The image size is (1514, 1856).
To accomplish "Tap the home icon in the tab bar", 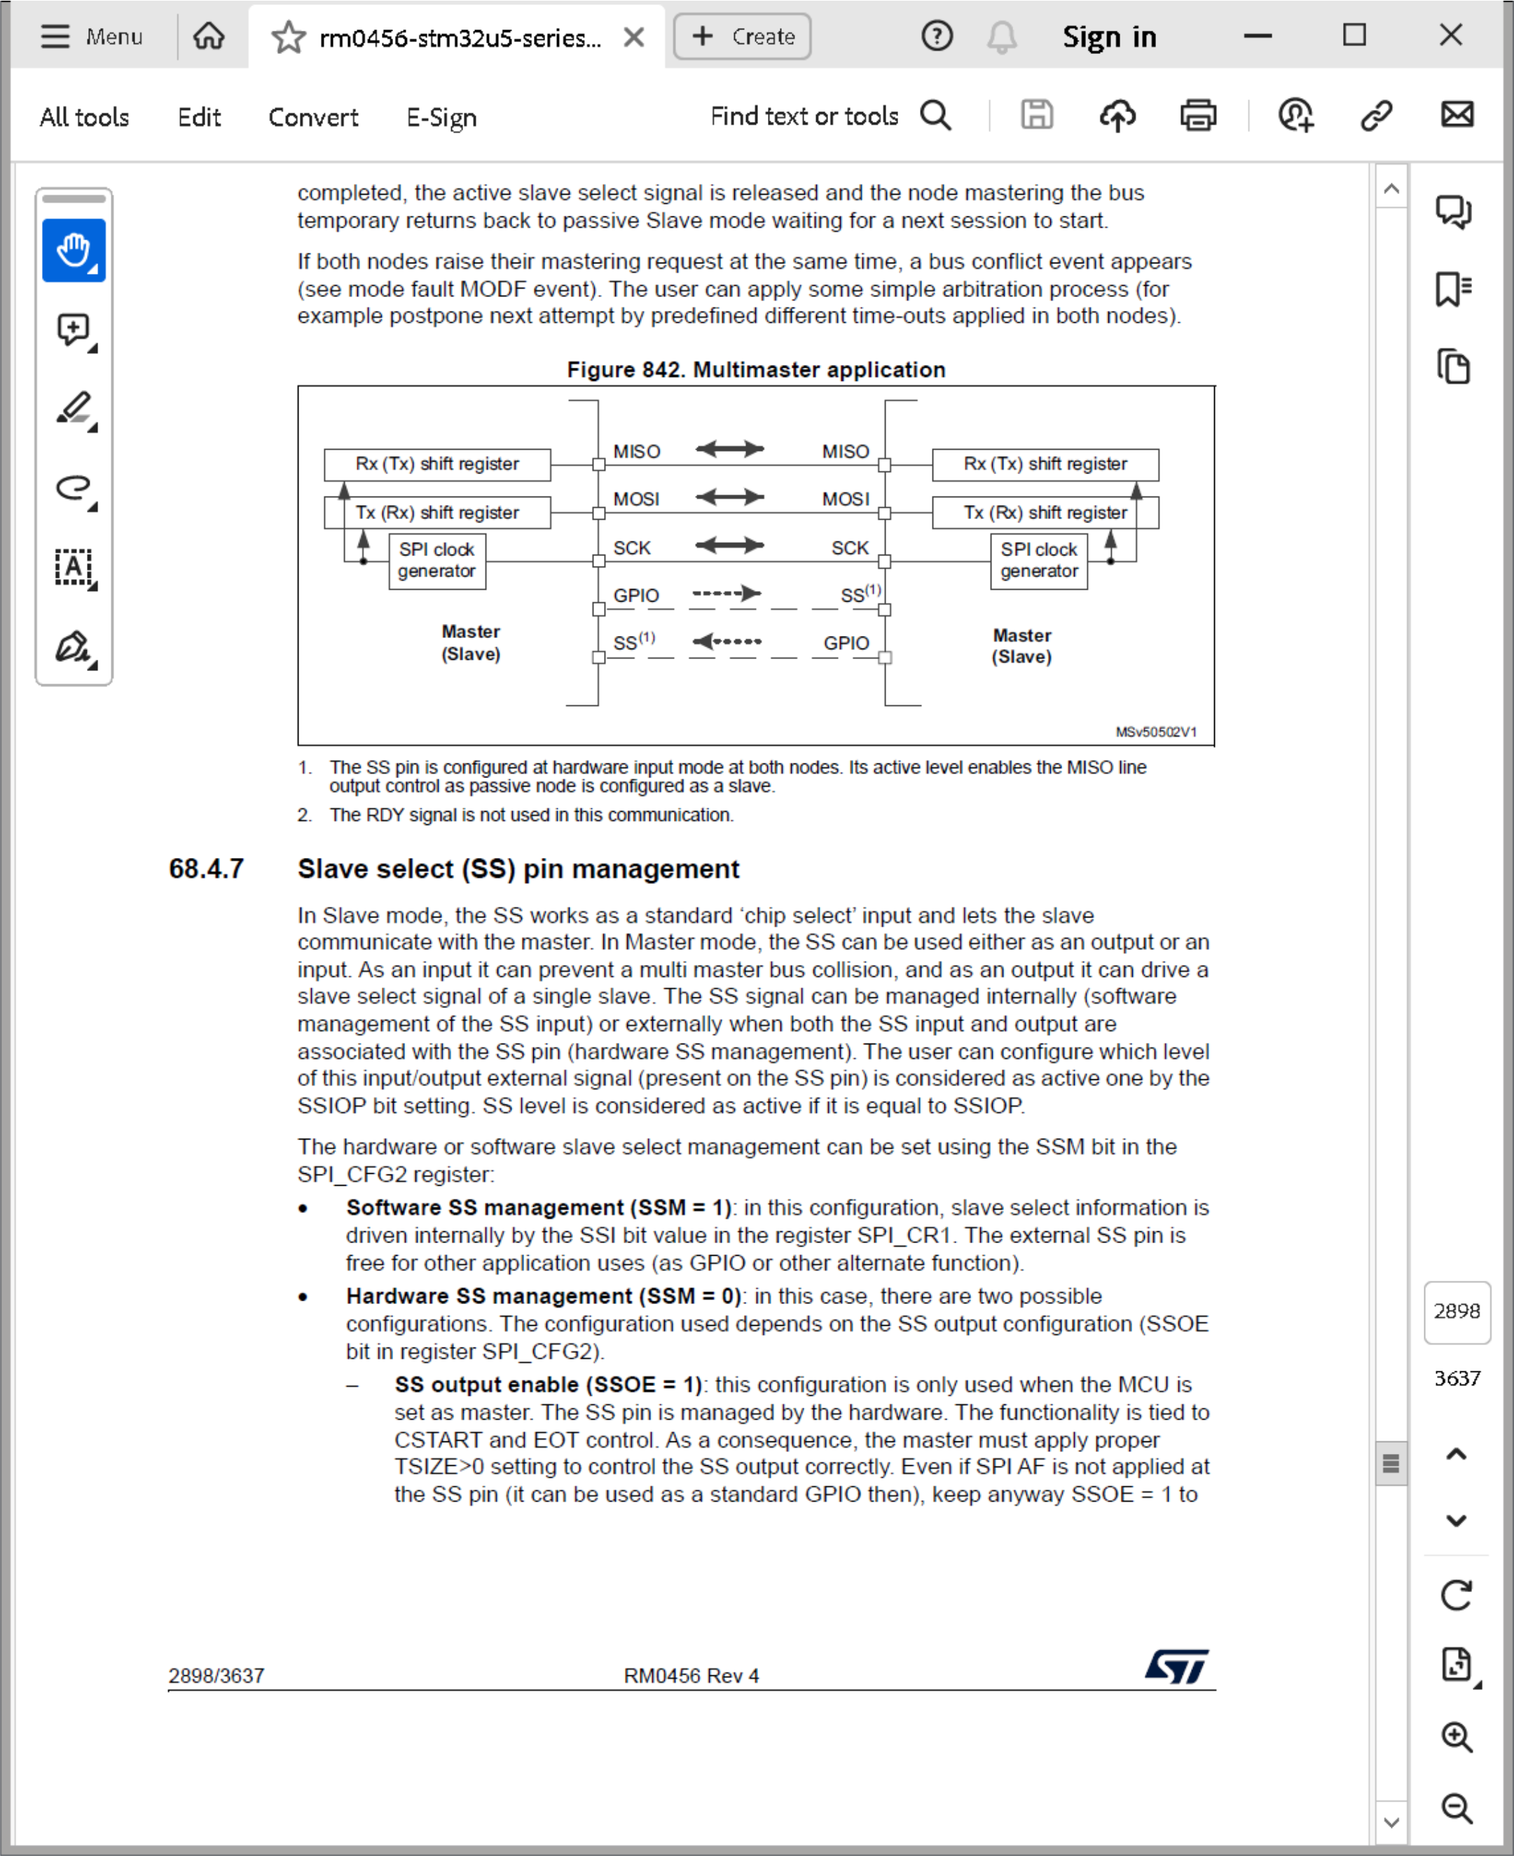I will point(209,36).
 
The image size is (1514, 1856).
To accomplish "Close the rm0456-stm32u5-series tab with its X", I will point(634,36).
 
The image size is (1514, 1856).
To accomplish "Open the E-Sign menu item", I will point(441,117).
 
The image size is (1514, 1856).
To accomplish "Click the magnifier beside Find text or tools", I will point(936,115).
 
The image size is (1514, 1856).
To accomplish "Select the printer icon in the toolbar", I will point(1197,115).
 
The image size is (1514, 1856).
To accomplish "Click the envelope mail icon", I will point(1457,115).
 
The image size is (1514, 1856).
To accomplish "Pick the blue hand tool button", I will point(74,250).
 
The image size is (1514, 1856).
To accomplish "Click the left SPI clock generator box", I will point(437,560).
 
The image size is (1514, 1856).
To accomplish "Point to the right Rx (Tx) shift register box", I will point(1045,464).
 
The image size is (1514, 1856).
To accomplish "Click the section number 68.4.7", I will point(206,869).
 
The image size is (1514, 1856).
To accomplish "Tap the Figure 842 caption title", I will point(755,370).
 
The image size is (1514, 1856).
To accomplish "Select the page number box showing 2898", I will point(1457,1311).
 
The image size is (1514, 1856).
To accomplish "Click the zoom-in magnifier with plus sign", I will point(1457,1736).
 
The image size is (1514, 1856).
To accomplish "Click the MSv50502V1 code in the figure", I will point(1155,731).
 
